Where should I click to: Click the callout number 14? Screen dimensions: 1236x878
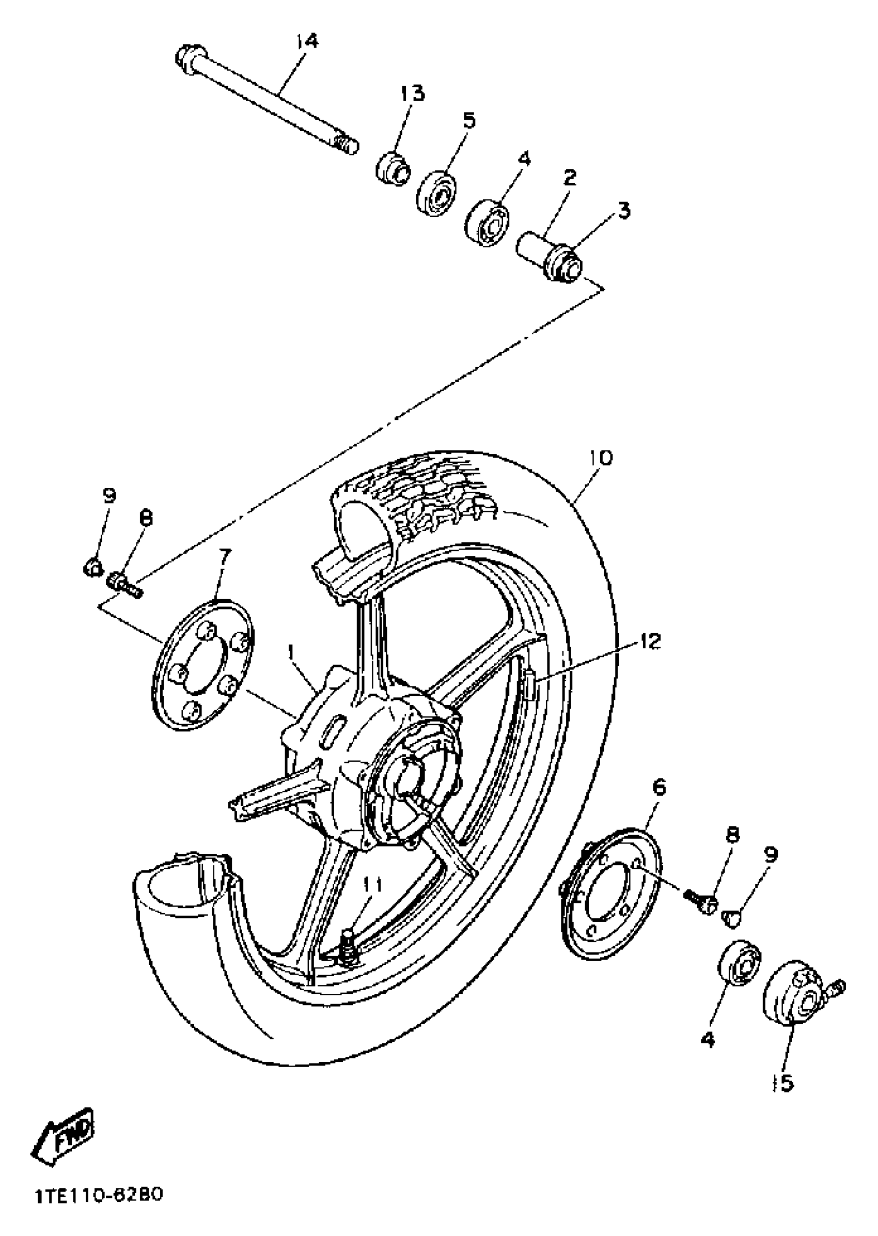pos(308,42)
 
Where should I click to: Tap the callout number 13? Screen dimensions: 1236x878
pos(413,93)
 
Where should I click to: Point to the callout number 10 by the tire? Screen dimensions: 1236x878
pos(602,458)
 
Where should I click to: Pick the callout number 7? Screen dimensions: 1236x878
pos(224,556)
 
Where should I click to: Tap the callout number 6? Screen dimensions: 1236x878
pos(660,787)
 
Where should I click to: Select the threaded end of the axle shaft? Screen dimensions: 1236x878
pos(346,144)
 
